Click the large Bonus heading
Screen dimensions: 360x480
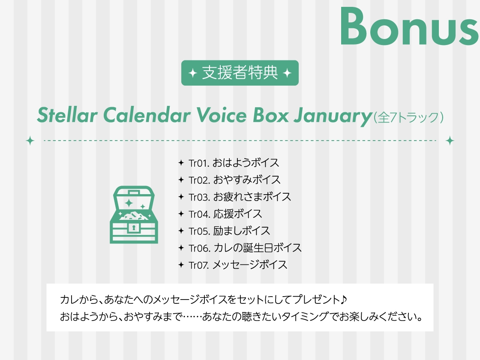tap(409, 27)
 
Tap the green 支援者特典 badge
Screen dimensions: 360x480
tap(240, 73)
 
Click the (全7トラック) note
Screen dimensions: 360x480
tap(408, 117)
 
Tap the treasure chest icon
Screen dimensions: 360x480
tap(134, 215)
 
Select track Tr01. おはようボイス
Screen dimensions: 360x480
tap(234, 163)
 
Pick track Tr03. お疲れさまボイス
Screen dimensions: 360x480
tap(240, 197)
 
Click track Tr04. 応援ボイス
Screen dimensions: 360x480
tap(225, 214)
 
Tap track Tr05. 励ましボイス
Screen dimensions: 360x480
tap(229, 231)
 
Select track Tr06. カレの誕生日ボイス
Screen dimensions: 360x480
tap(245, 248)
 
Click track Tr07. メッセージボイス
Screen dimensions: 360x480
tap(238, 264)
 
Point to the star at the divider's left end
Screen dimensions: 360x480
tap(30, 141)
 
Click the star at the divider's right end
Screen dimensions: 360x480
tap(450, 141)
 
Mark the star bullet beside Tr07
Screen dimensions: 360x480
tap(181, 265)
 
